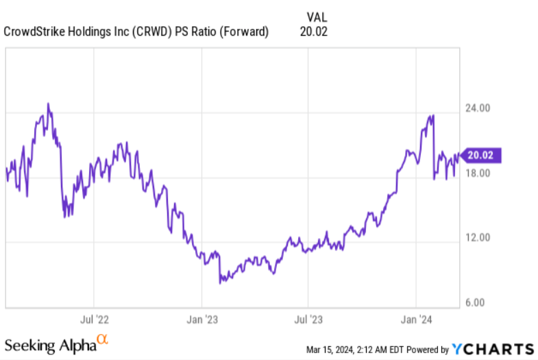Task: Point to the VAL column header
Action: point(312,16)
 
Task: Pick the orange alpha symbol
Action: point(102,339)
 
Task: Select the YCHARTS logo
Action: point(493,348)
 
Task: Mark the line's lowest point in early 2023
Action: point(221,282)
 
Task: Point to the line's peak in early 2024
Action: point(433,116)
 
